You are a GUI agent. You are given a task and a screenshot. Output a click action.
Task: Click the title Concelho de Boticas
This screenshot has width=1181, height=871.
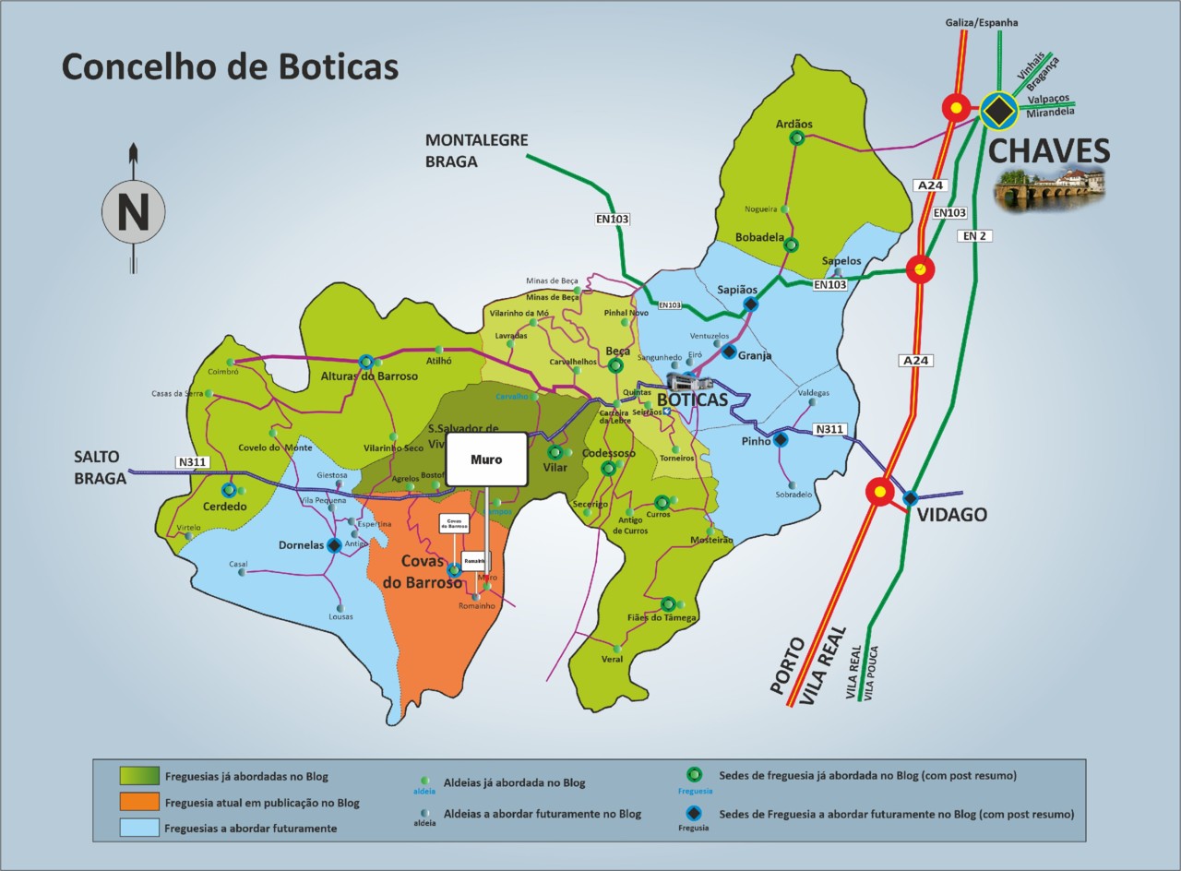[x=230, y=67]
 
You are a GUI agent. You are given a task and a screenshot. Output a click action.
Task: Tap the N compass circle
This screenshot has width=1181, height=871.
[x=132, y=212]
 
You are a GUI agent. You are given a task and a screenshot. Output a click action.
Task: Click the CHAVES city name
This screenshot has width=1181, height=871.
[x=1048, y=151]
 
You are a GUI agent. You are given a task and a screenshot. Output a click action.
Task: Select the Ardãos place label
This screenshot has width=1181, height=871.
[x=793, y=125]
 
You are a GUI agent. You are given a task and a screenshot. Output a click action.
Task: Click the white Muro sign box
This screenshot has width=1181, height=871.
[x=486, y=459]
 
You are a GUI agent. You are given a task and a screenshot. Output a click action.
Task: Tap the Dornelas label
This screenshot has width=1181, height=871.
[x=301, y=545]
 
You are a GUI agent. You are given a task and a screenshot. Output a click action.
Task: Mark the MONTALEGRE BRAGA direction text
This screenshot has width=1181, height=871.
[x=476, y=150]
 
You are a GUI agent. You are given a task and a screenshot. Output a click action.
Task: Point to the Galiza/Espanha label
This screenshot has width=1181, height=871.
[x=981, y=22]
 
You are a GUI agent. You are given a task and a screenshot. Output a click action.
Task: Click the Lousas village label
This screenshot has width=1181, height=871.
[x=340, y=615]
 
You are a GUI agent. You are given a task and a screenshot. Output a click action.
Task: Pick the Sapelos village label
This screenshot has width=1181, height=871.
[x=841, y=261]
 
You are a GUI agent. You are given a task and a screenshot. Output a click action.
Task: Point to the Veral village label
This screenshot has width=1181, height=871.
[x=612, y=659]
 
